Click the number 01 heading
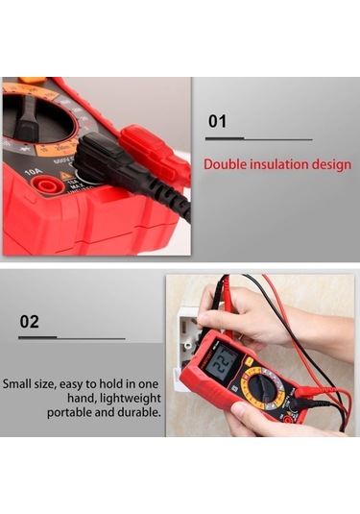click(x=218, y=122)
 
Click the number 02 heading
click(x=30, y=321)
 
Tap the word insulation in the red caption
click(x=282, y=164)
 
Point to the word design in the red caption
click(x=333, y=164)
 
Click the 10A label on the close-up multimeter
click(x=33, y=174)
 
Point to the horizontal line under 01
click(x=259, y=140)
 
